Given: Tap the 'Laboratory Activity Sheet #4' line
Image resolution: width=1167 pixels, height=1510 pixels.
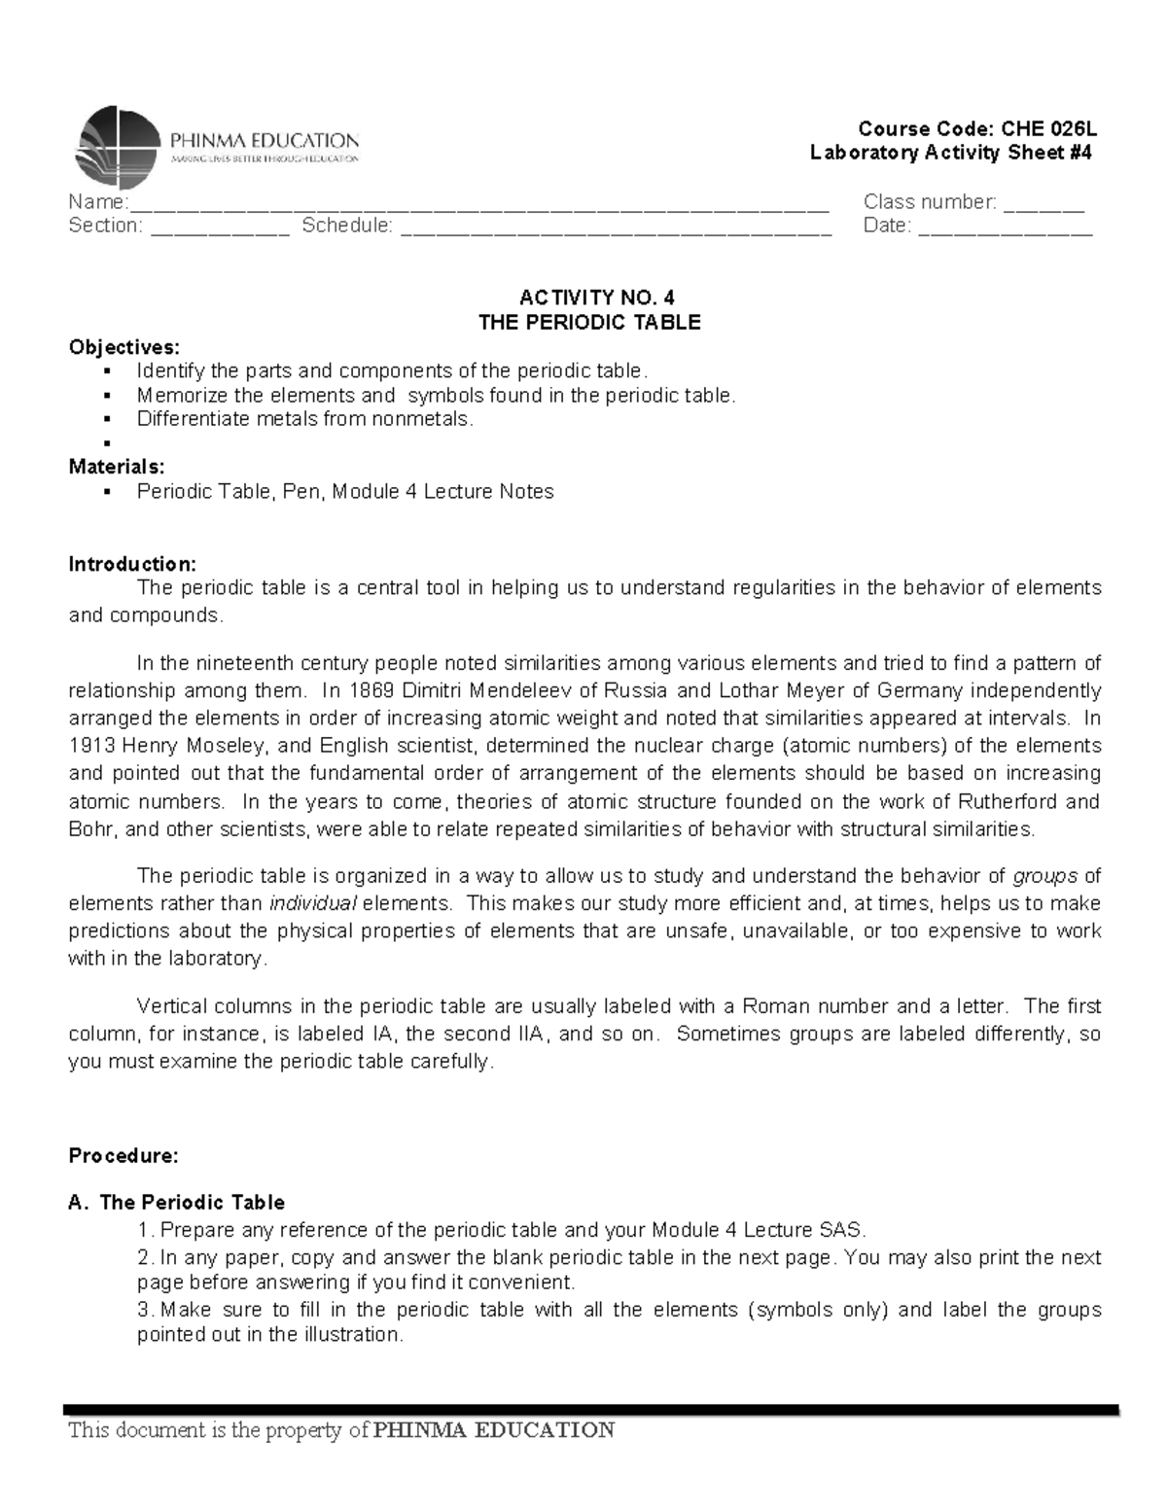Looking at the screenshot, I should tap(951, 153).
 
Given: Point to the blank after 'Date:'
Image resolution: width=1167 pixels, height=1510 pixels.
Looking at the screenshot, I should tap(1006, 228).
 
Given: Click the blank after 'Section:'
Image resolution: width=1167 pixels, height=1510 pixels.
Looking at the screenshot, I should tap(220, 228).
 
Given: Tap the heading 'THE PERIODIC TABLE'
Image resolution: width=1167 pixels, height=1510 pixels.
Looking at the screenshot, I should tap(589, 322).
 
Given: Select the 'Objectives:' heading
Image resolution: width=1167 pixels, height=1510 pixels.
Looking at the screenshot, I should tap(124, 347).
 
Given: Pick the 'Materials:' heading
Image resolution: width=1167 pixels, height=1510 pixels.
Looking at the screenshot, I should tap(117, 467).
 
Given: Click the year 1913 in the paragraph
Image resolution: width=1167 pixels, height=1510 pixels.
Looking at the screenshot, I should tap(90, 746).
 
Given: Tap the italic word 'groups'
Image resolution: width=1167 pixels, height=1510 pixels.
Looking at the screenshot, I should tap(1044, 876).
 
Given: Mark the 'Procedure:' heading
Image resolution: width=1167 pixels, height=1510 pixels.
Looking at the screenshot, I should tap(124, 1156).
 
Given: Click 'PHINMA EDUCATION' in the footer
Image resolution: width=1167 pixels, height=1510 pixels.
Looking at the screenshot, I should tap(494, 1429).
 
